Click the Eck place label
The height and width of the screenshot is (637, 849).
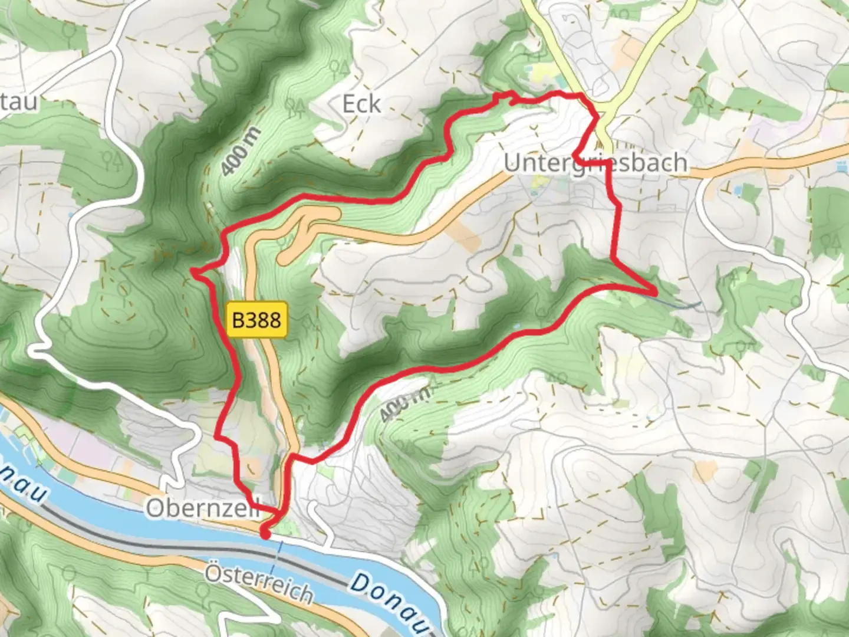(x=361, y=104)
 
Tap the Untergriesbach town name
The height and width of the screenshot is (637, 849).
(x=595, y=163)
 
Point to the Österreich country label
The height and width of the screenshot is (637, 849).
(x=259, y=583)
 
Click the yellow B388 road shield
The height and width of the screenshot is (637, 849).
(x=256, y=320)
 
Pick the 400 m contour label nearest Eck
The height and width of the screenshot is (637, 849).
(x=240, y=152)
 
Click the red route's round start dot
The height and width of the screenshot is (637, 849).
(x=265, y=534)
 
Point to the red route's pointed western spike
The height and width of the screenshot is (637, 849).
(x=192, y=271)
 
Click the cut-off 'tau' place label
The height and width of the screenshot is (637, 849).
(x=19, y=101)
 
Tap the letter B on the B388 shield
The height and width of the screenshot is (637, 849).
(x=238, y=320)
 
